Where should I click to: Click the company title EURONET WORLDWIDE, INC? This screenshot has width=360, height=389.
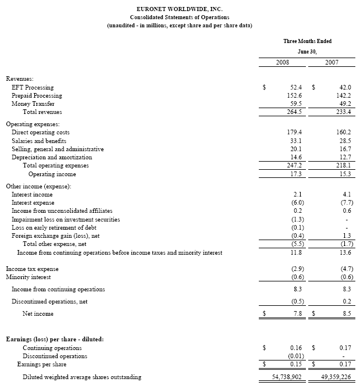(x=179, y=9)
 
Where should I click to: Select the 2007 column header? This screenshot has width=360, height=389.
(x=332, y=62)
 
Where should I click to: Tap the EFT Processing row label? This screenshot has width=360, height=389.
(x=33, y=87)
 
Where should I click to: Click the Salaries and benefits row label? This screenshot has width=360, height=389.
(x=39, y=141)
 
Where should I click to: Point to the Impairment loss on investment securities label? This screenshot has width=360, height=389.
(x=66, y=219)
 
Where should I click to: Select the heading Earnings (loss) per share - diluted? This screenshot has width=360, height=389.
(x=55, y=339)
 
